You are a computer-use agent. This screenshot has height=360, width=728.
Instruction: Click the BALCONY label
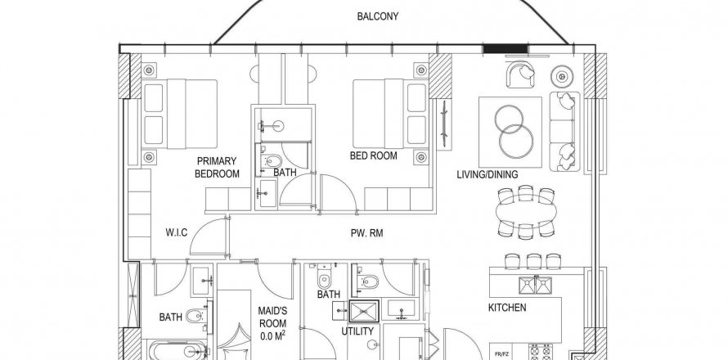coord(377,16)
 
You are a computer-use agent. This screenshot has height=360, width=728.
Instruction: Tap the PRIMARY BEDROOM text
coord(217,168)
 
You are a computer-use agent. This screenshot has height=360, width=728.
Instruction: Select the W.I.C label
coord(177,232)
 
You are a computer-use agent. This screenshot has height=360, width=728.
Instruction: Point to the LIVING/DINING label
coord(487,174)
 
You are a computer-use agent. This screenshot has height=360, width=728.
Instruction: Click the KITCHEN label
coord(507,308)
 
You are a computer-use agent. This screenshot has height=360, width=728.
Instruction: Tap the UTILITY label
coord(357,331)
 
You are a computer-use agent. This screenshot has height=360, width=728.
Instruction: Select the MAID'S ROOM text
coord(272,317)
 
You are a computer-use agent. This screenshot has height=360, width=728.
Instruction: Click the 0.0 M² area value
coord(272,335)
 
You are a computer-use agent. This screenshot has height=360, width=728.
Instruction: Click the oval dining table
coord(526,213)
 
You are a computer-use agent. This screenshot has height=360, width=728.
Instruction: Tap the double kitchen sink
coord(535,286)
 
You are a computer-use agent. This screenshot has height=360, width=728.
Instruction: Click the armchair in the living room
coord(521,75)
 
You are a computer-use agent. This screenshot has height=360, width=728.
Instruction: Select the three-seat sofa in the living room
coord(564,131)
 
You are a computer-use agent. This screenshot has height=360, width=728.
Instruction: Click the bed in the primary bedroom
coord(180,115)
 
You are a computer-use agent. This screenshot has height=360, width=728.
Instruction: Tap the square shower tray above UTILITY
coord(364,311)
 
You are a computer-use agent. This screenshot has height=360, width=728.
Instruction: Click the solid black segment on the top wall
coord(506,49)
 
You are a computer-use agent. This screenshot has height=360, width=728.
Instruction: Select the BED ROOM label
coord(373,155)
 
